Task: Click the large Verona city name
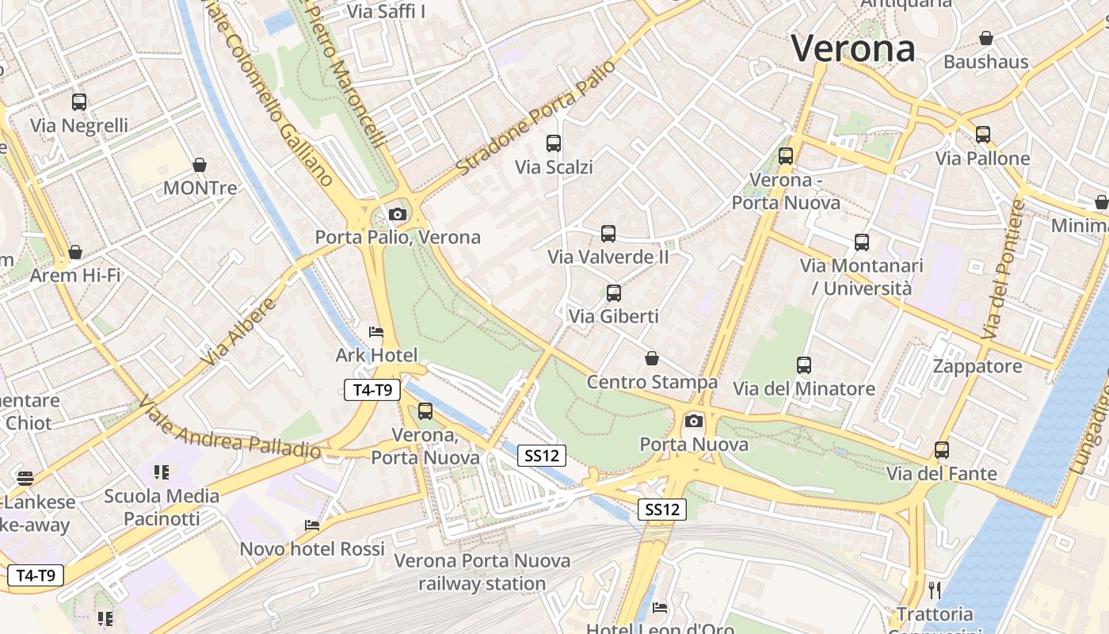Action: (853, 49)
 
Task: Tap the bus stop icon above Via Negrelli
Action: (79, 101)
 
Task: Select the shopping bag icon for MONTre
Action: (200, 165)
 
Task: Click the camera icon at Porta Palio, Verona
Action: (398, 214)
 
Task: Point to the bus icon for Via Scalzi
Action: (554, 143)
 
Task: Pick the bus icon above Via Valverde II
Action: (608, 234)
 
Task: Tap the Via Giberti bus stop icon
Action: (614, 293)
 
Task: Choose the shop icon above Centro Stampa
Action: (652, 358)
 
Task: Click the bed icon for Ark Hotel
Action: (376, 332)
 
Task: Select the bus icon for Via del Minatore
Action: (804, 365)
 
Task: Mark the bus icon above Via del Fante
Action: (942, 450)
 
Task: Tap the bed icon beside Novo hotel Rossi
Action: (312, 525)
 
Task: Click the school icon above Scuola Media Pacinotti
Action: (162, 472)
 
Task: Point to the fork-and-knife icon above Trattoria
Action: (935, 590)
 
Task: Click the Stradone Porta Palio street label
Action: (536, 118)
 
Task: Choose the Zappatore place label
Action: (978, 366)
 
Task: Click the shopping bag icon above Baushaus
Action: (986, 38)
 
